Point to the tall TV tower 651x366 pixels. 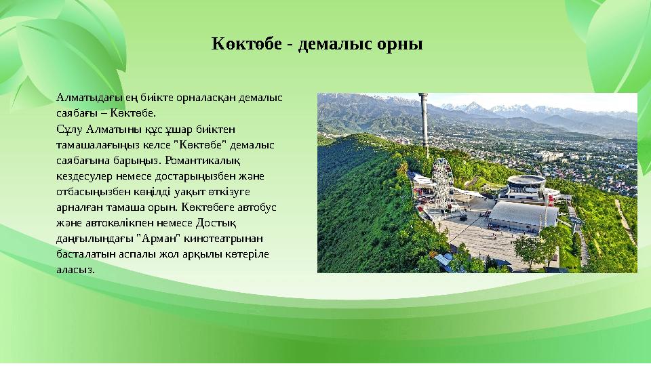pyautogui.click(x=423, y=125)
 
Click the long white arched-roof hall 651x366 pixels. pyautogui.click(x=523, y=216)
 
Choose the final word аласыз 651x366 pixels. pyautogui.click(x=75, y=269)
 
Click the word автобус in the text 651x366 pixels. pyautogui.click(x=258, y=207)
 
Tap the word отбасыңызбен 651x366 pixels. pyautogui.click(x=91, y=192)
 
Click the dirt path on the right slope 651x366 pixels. pyautogui.click(x=625, y=220)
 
